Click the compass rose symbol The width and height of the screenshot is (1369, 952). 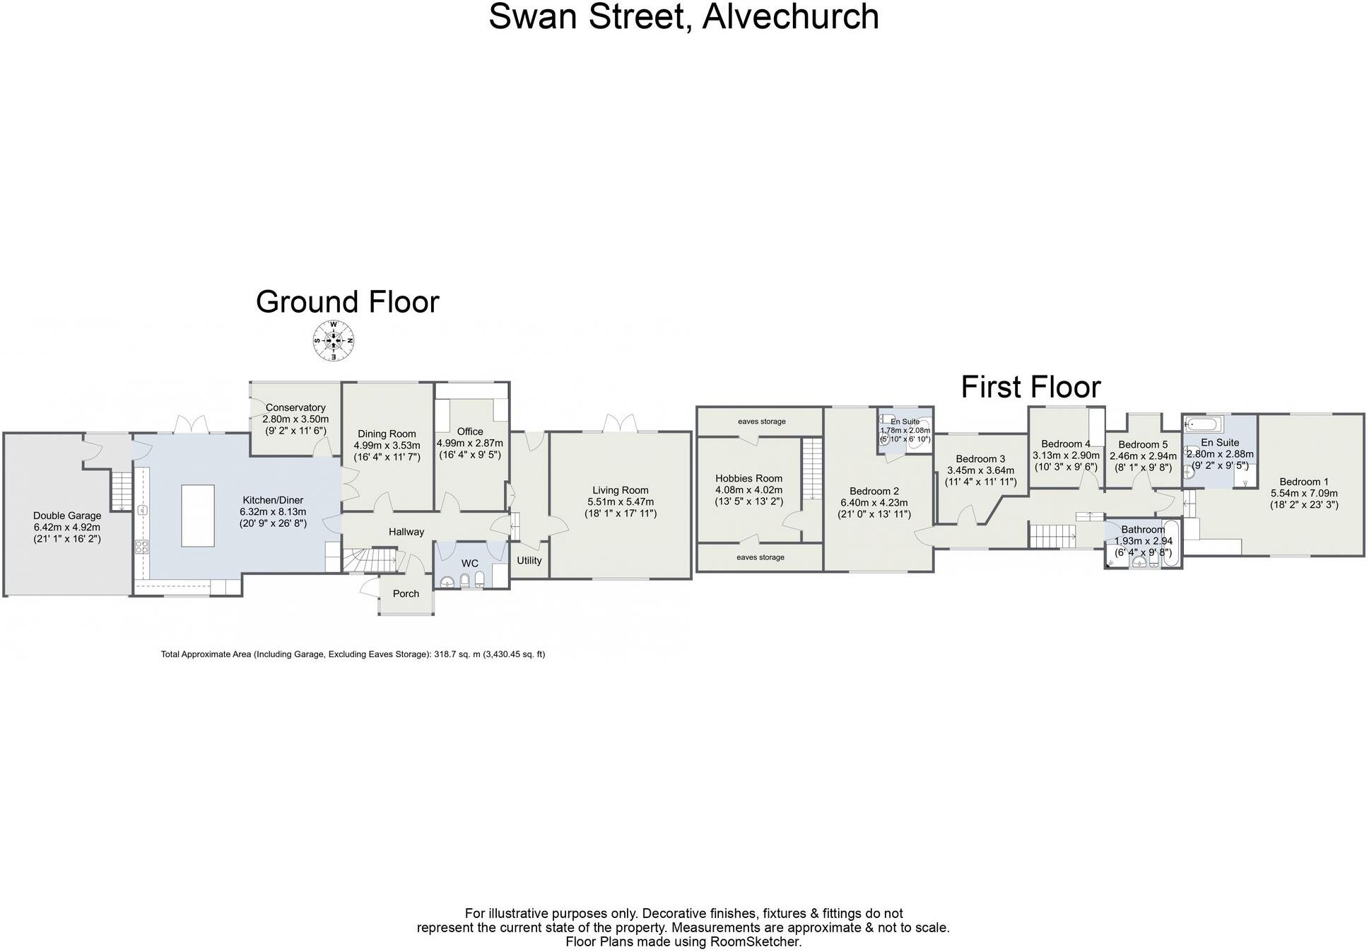333,341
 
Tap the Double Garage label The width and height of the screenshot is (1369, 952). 67,516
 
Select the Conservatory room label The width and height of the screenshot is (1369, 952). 295,407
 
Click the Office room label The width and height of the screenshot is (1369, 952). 469,431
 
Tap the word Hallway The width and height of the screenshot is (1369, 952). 406,532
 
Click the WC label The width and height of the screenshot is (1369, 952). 469,563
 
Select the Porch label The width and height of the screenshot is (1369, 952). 406,593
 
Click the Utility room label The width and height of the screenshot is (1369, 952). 529,560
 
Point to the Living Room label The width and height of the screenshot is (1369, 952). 620,490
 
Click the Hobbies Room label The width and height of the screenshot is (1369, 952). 748,478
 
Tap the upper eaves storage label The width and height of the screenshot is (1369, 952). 761,422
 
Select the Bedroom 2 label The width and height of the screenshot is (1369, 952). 874,491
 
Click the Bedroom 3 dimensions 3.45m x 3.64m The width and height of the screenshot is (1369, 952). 980,470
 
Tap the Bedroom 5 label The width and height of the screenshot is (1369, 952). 1143,445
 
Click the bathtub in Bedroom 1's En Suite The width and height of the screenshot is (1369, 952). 1202,424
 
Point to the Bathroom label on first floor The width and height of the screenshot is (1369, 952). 1142,529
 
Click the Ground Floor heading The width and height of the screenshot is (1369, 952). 347,302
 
